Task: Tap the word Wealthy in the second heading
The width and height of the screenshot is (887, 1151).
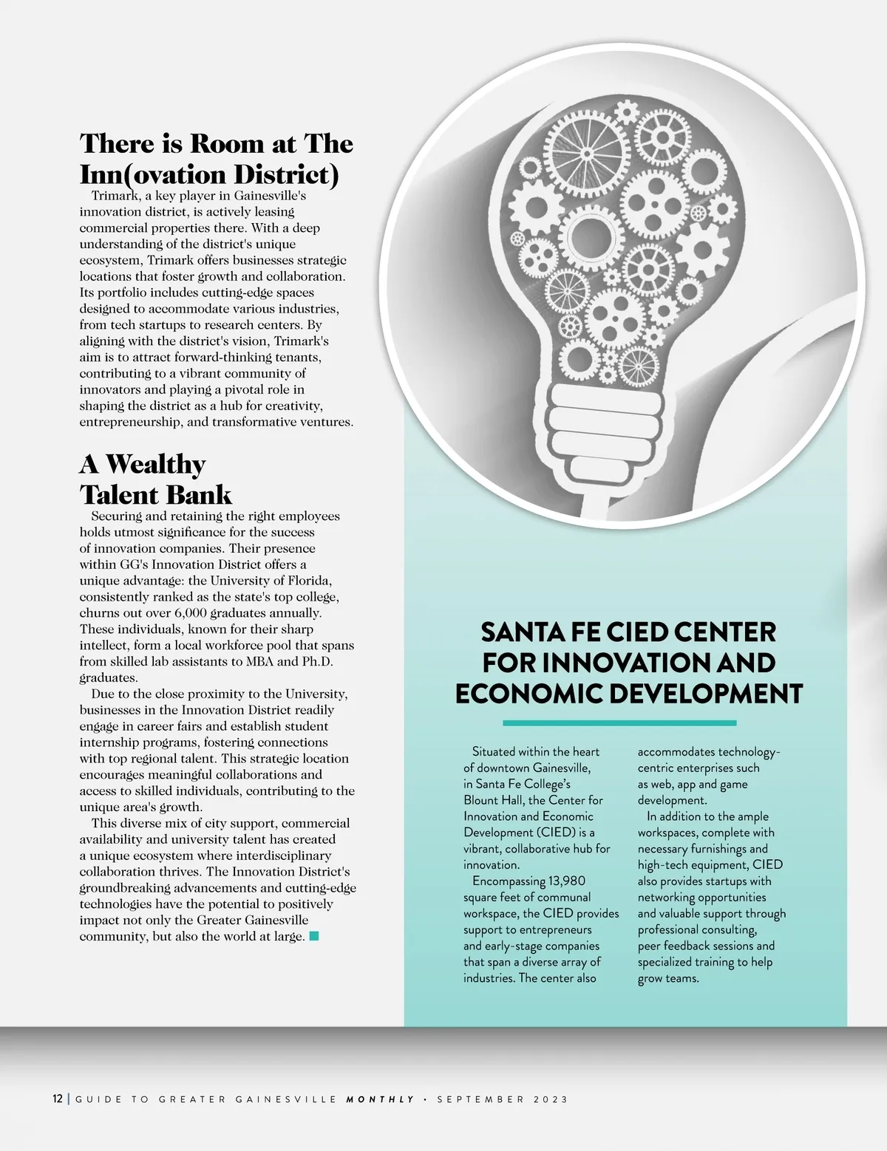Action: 156,464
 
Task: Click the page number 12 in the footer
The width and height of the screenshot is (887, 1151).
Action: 58,1099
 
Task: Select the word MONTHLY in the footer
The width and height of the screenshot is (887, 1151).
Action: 381,1099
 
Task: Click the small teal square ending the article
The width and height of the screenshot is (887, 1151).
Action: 314,936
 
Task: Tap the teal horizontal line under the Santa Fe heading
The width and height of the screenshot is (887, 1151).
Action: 619,723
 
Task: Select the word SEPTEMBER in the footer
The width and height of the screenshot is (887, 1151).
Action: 480,1099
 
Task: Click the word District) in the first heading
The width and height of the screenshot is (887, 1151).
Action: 286,175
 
